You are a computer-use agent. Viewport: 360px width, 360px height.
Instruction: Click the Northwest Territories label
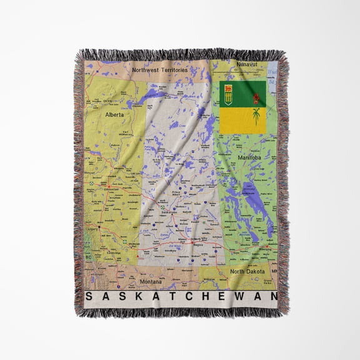[159, 71]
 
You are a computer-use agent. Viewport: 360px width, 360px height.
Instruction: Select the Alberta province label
[114, 115]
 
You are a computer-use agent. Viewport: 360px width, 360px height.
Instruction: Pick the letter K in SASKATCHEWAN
[127, 296]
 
